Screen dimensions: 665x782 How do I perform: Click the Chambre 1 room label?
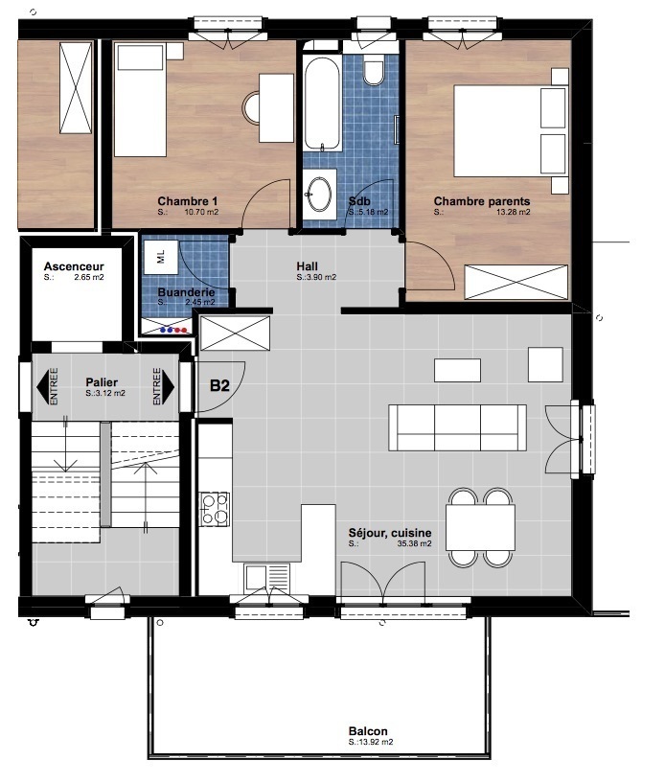point(188,201)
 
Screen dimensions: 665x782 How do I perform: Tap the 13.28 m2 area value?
point(513,212)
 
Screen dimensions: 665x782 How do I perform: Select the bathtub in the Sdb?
point(323,103)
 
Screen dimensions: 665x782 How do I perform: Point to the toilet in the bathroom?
point(374,69)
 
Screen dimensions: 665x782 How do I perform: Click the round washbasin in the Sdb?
point(319,193)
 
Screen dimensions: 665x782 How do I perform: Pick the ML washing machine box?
point(161,257)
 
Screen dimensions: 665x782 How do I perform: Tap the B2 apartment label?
point(219,385)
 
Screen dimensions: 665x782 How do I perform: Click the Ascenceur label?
point(74,266)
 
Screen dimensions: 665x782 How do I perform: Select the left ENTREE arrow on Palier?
point(48,386)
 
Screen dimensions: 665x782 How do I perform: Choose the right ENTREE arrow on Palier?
point(164,386)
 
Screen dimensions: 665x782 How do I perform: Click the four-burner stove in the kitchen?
point(215,509)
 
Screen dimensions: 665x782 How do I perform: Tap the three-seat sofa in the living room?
point(457,427)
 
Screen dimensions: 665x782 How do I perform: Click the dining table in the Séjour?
point(480,527)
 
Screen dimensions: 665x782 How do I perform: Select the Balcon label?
point(368,731)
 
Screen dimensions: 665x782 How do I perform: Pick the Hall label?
point(307,266)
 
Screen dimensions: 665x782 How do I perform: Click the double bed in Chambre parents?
point(511,131)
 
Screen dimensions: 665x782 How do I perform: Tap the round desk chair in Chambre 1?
point(251,107)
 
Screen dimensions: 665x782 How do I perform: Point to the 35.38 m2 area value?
point(414,543)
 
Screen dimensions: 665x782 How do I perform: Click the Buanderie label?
point(187,292)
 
